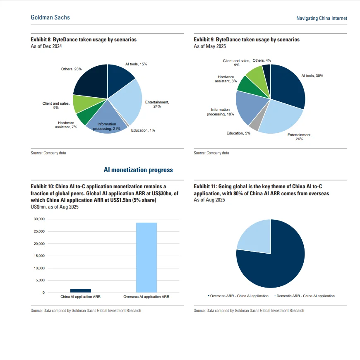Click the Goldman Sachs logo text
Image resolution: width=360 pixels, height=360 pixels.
pos(50,17)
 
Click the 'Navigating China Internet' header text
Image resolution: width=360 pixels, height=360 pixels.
pos(322,18)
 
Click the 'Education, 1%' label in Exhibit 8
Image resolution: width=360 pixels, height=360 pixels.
pos(143,130)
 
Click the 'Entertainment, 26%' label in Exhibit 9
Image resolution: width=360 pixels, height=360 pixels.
pos(299,137)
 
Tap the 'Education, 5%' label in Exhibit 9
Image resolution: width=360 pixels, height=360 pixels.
pos(238,133)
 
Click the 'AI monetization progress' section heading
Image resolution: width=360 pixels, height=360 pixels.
pos(138,170)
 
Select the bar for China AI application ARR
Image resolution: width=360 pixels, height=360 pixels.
pos(81,290)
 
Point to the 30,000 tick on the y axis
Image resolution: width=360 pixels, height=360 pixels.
pos(38,219)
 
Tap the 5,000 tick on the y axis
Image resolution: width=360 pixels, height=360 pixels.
pos(40,281)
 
